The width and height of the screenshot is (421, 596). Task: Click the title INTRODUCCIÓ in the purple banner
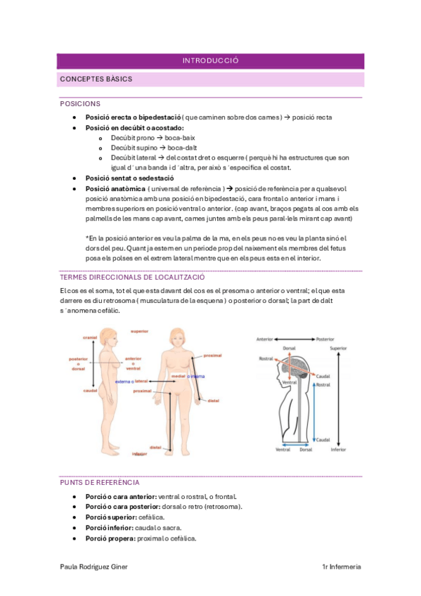[x=211, y=61]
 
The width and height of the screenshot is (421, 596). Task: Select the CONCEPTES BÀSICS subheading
[x=96, y=79]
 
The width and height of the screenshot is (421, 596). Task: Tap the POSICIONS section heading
[x=80, y=104]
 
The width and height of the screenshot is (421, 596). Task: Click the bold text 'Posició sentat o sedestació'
[x=129, y=178]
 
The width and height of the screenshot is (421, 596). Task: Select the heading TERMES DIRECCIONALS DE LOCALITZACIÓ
[x=132, y=277]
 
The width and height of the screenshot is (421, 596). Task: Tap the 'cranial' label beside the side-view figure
[x=90, y=337]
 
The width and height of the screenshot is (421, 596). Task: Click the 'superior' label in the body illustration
[x=139, y=332]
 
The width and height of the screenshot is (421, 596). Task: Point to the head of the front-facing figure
[x=177, y=337]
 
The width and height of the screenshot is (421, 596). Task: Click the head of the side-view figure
[x=108, y=337]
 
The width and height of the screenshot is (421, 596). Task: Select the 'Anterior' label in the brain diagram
[x=265, y=339]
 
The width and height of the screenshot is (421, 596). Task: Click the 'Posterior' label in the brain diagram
[x=325, y=339]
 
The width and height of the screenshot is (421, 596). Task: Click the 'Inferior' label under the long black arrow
[x=338, y=450]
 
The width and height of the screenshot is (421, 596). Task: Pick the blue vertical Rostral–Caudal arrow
[x=314, y=413]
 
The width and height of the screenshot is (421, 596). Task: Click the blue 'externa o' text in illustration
[x=124, y=381]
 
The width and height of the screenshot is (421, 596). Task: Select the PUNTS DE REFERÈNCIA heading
[x=100, y=482]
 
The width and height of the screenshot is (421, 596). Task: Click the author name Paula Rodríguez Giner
[x=94, y=566]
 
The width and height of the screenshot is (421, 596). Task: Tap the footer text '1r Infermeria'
[x=342, y=566]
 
